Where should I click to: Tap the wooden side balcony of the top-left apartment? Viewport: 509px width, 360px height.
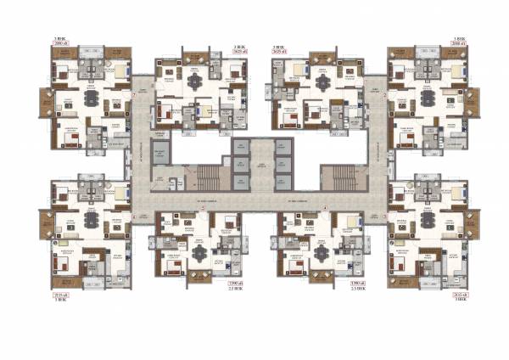click(x=44, y=102)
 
